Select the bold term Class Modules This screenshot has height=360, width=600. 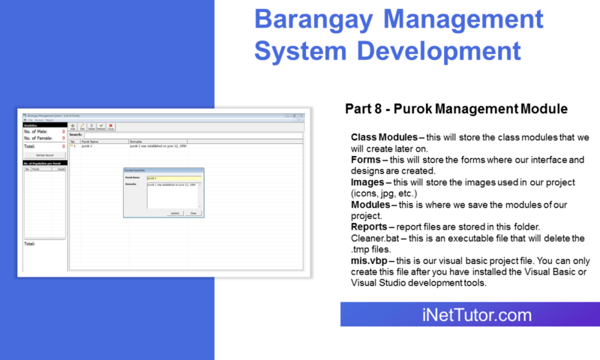point(384,139)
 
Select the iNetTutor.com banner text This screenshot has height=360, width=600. point(469,315)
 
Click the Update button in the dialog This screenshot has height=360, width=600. point(174,213)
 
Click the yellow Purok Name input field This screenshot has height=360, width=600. point(173,178)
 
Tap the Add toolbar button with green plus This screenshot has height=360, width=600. point(73,127)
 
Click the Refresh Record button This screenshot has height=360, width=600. point(43,154)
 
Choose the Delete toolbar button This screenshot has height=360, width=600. point(91,127)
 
